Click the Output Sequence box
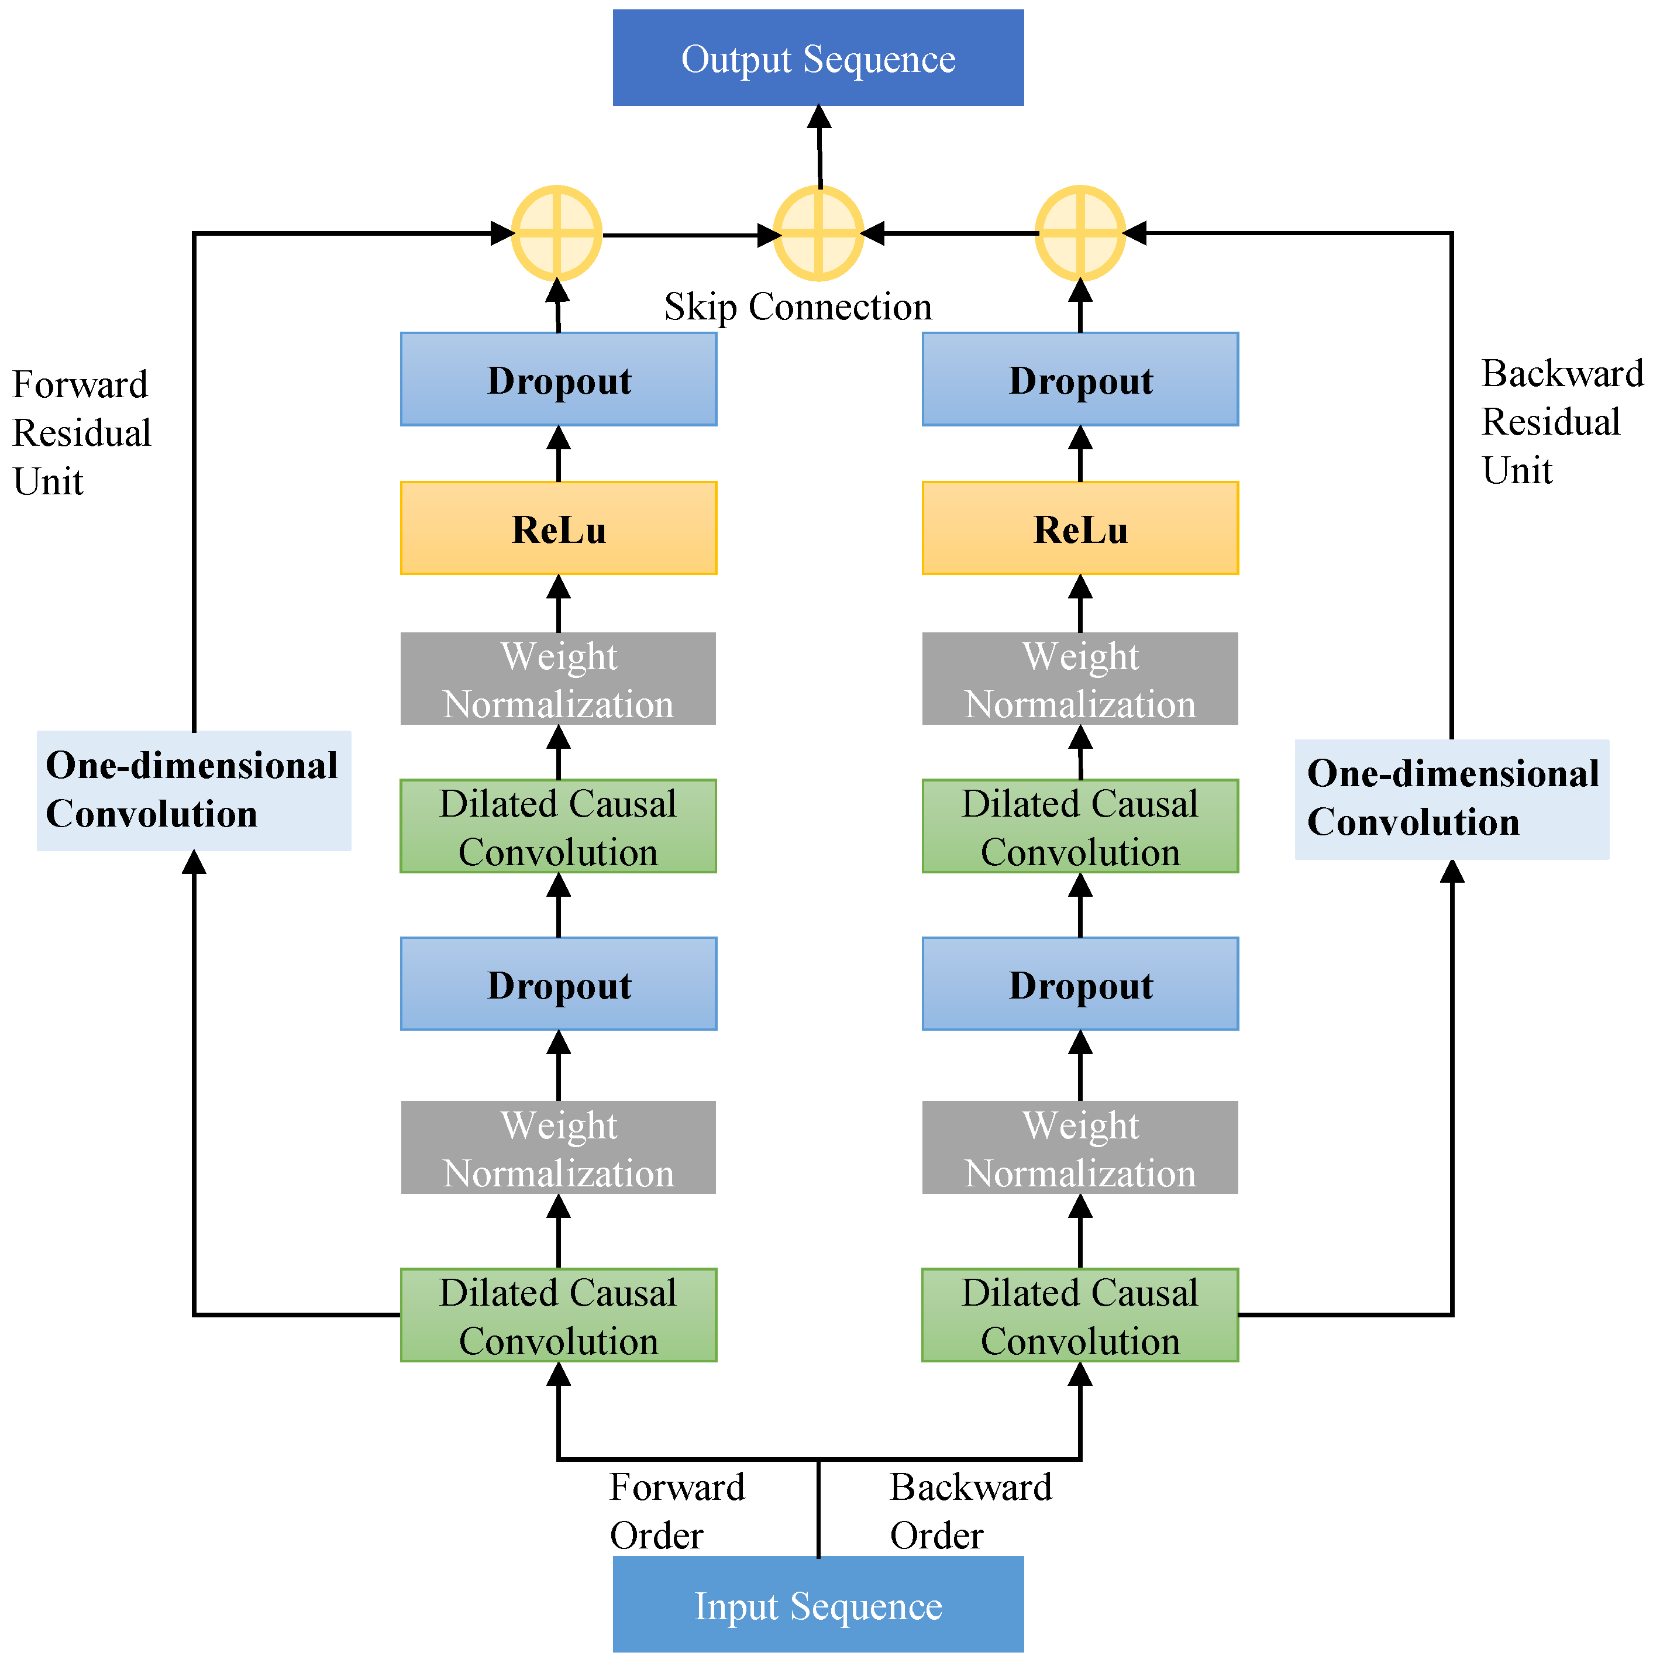pos(818,58)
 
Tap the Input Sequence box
pos(818,1606)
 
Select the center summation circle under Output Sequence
pos(818,233)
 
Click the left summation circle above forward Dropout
pos(557,233)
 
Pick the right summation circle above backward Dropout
pos(1080,233)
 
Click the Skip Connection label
pos(798,307)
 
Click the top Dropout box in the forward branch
pos(558,380)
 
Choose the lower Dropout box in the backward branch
pos(1080,984)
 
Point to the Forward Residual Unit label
pos(81,433)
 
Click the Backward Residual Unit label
pos(1561,422)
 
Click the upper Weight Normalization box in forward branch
pos(558,680)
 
